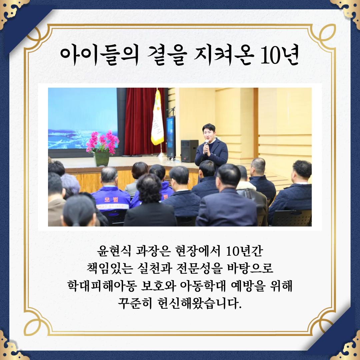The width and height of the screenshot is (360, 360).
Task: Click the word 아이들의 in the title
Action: click(100, 55)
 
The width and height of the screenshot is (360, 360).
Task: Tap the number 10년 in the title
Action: click(280, 55)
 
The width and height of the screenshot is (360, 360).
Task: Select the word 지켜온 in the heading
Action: click(224, 55)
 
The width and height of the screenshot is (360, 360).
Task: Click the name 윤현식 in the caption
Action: click(114, 251)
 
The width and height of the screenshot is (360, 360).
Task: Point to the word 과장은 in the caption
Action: click(153, 251)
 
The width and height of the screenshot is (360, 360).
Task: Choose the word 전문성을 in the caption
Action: click(200, 268)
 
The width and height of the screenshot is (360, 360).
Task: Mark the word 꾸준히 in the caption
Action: click(135, 303)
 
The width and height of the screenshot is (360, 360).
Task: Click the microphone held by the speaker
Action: click(206, 146)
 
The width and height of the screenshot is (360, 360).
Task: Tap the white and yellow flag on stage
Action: click(157, 118)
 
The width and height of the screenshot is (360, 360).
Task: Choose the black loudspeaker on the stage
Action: click(189, 151)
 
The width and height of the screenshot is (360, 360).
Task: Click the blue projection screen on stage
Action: click(83, 118)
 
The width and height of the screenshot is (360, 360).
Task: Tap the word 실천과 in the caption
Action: click(155, 268)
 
